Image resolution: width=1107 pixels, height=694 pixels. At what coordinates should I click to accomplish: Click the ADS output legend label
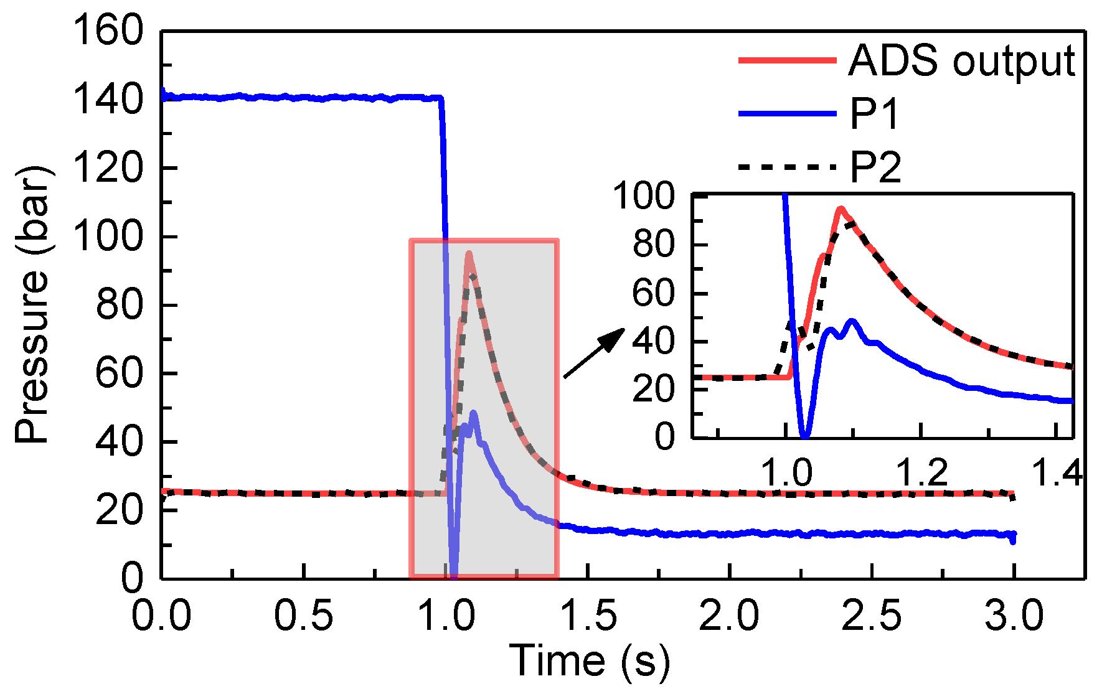(962, 61)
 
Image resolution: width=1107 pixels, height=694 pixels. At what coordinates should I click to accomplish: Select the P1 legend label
(875, 114)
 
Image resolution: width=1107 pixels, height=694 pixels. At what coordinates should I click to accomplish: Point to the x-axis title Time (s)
(589, 660)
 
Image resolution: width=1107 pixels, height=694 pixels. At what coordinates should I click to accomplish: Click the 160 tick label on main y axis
(108, 30)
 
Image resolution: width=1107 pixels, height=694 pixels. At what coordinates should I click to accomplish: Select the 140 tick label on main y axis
(108, 99)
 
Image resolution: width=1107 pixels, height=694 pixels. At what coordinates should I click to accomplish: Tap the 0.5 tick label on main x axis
(303, 616)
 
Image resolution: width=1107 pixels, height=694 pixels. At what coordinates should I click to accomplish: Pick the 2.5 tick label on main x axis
(872, 616)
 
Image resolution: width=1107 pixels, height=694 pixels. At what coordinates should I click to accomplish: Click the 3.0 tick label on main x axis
(1014, 616)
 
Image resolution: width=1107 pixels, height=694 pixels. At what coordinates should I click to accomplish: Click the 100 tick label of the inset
(644, 196)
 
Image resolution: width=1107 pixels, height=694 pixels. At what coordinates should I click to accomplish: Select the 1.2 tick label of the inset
(921, 473)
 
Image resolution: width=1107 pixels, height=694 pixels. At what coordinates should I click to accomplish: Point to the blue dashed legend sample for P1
(787, 114)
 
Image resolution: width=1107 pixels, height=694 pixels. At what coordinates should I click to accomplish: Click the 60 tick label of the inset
(653, 293)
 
